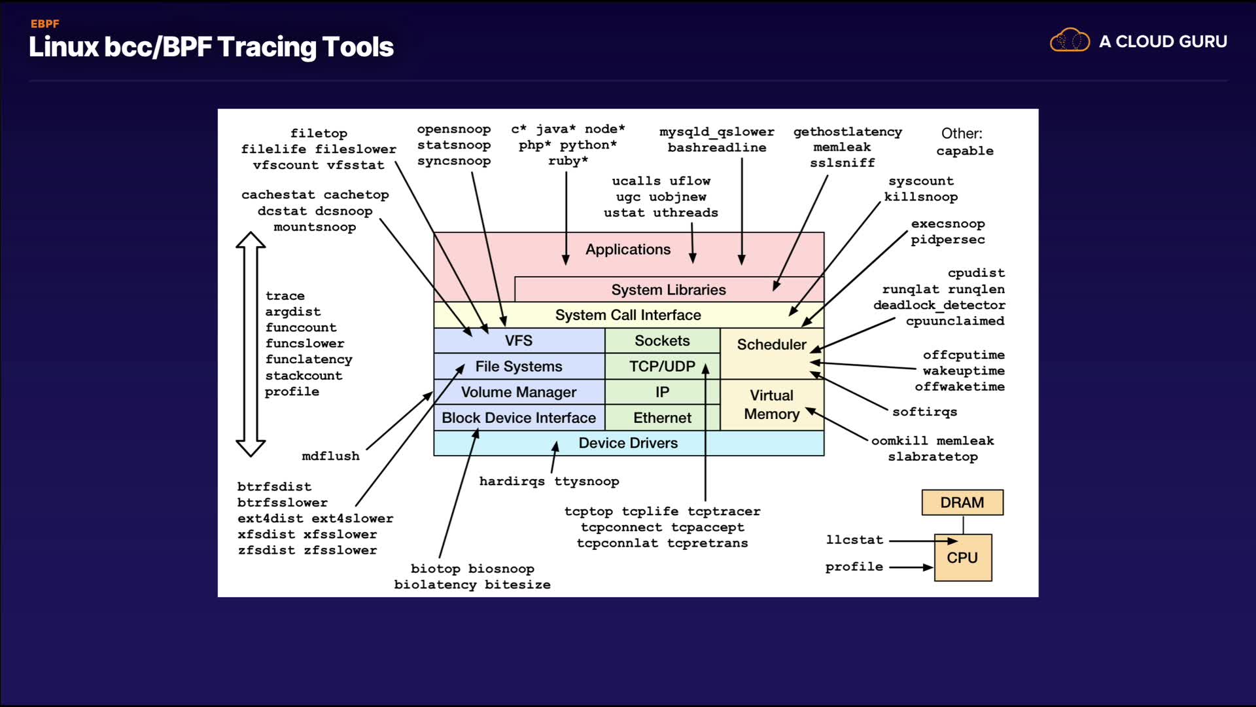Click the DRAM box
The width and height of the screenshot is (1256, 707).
click(x=962, y=503)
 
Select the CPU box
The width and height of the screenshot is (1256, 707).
click(x=962, y=558)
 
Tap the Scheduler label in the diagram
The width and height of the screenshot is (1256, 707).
click(x=771, y=344)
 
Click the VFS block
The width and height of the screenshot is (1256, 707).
click(x=519, y=340)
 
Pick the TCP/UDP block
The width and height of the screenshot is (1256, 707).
click(x=662, y=367)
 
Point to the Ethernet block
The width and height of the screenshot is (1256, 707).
click(x=662, y=418)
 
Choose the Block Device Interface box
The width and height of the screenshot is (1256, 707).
click(x=519, y=418)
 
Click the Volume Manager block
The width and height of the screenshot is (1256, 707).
click(x=519, y=392)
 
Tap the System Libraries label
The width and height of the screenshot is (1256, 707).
click(x=668, y=290)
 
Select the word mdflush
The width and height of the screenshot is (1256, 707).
click(x=330, y=456)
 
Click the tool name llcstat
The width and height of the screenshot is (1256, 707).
click(x=854, y=540)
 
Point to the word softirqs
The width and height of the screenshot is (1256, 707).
click(x=924, y=412)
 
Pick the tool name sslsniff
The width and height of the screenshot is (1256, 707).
click(x=842, y=163)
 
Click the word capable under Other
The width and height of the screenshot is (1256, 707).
click(x=964, y=151)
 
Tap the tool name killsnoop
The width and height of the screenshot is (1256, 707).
click(x=920, y=197)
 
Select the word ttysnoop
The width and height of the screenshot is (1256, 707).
click(x=586, y=482)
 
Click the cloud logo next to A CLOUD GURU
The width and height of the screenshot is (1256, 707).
click(x=1070, y=41)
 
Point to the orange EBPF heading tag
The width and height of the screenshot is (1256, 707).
click(x=45, y=24)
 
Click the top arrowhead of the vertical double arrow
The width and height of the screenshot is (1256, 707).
click(x=251, y=240)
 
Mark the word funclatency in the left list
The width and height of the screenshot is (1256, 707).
click(x=309, y=359)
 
